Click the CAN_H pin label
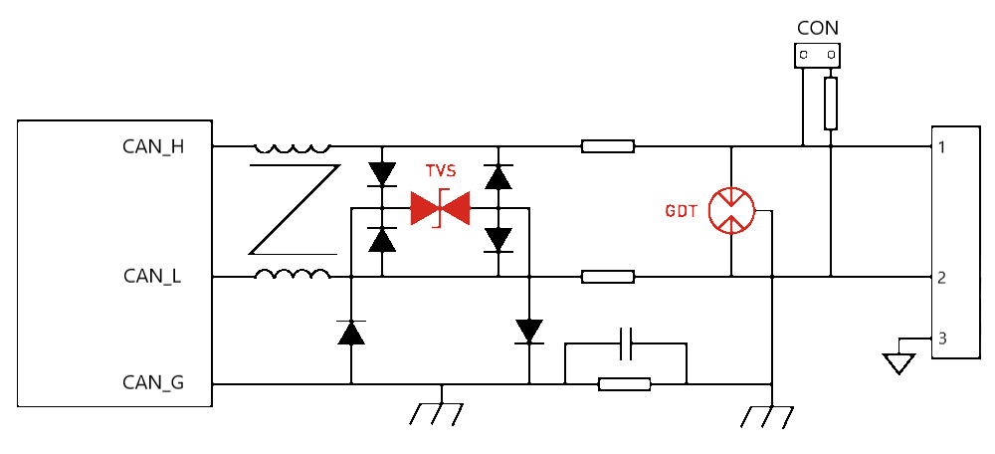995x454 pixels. tap(153, 147)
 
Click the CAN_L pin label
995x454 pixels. tap(152, 277)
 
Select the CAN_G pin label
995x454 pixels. tap(153, 382)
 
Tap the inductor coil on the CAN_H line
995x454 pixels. tap(292, 146)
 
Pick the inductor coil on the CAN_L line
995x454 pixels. tap(292, 275)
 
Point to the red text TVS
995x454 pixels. tap(441, 171)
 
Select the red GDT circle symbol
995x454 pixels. tap(731, 210)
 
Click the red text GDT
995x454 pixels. tap(682, 212)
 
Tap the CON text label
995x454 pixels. tap(818, 28)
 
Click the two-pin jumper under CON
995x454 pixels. tap(817, 57)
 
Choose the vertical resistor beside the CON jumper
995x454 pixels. tap(830, 104)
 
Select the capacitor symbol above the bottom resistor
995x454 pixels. tap(626, 343)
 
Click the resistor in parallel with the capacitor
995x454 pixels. tap(625, 383)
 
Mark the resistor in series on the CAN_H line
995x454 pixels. tap(608, 147)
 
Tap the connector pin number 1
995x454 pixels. tap(941, 148)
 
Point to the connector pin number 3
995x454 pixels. tap(941, 340)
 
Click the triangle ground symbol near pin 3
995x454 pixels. tap(899, 362)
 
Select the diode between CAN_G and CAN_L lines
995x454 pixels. tap(350, 332)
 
